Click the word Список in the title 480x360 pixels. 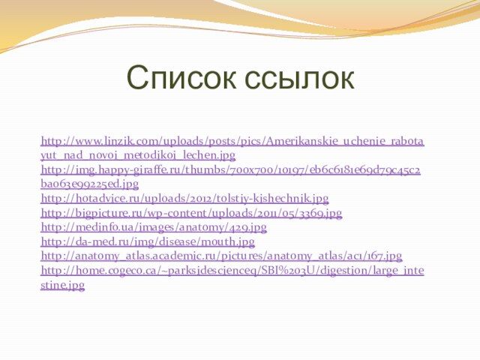181,77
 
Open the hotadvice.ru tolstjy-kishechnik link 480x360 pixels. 184,199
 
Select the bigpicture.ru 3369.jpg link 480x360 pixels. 191,213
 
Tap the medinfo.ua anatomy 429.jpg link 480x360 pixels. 154,228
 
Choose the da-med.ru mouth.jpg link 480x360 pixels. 148,242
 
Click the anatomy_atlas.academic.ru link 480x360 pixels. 221,256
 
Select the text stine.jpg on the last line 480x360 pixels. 62,285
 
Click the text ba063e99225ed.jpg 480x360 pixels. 90,184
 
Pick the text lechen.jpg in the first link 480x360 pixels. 208,155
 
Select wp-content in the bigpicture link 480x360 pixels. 177,213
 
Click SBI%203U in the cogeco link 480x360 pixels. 295,271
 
